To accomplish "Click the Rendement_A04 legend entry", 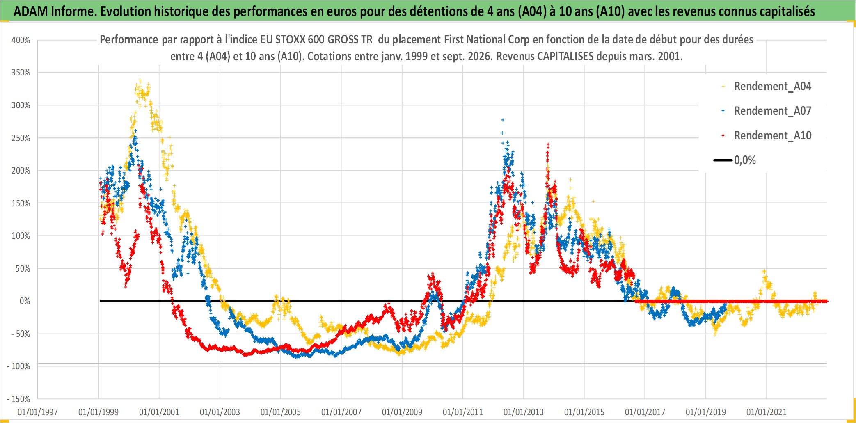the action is [767, 86].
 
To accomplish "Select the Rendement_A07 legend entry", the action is [767, 111].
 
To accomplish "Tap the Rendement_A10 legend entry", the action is [767, 135].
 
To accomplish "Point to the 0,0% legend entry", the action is [735, 160].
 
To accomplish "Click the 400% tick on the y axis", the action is [21, 40].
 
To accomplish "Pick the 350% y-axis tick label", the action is [21, 73].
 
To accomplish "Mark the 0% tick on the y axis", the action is [25, 301].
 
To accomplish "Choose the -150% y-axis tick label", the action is [19, 399].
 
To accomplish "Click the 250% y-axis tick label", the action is [21, 138].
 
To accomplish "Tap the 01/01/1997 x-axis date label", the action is [38, 412].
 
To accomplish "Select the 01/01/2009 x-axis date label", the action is [402, 412].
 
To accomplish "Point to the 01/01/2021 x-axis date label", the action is [767, 412].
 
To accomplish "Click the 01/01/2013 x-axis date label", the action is [524, 412].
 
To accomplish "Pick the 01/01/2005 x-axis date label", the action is [281, 412].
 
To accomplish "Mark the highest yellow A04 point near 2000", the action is [140, 80].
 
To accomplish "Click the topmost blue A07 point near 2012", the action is [503, 120].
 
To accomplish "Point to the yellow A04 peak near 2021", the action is [764, 272].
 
